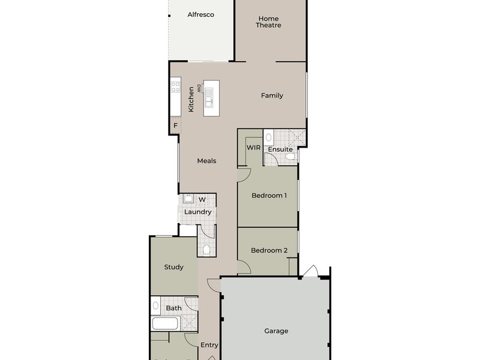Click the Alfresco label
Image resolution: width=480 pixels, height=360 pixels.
tap(200, 14)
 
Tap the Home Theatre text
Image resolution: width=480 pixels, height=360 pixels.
tap(268, 22)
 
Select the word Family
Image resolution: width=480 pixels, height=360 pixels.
tap(272, 95)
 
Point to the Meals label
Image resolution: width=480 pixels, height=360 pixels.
tap(206, 161)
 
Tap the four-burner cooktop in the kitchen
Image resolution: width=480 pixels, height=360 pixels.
tap(176, 89)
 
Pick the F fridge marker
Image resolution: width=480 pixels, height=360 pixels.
tap(175, 126)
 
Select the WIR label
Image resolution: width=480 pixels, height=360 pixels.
tap(253, 148)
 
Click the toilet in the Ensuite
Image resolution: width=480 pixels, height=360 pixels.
tap(291, 157)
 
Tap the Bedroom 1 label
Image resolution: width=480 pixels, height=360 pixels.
tap(269, 195)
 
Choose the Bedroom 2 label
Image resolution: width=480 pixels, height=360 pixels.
tap(269, 250)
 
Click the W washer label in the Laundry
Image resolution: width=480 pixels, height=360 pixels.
tap(202, 200)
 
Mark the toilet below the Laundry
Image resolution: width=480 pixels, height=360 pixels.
tap(206, 249)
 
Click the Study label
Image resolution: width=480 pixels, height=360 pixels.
tap(173, 267)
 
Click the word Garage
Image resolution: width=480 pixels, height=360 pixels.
tap(276, 331)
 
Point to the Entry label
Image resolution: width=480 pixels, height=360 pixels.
tap(209, 345)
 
